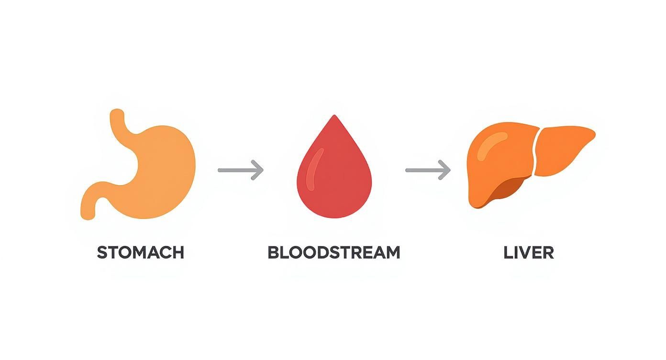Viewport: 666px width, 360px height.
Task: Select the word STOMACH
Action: [x=140, y=252]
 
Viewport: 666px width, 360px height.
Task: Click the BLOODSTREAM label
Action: [x=333, y=252]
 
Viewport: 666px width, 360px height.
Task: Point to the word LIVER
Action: [x=529, y=252]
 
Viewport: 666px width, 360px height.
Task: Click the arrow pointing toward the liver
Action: [x=428, y=170]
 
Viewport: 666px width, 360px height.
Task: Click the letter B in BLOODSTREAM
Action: [x=273, y=252]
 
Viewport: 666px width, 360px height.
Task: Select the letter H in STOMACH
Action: [x=177, y=252]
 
